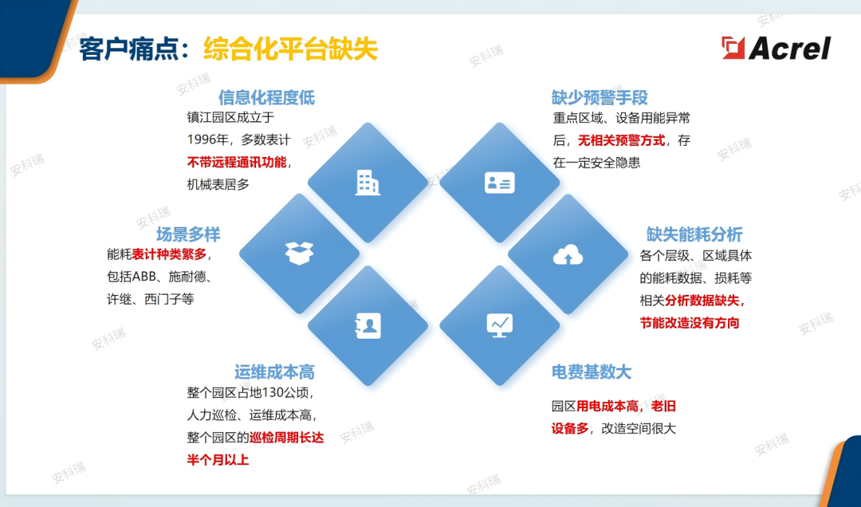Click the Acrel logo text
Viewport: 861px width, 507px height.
point(789,48)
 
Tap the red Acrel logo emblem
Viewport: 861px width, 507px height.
point(733,48)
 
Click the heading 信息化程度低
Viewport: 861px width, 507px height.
point(266,97)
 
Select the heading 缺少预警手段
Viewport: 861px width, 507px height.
point(600,97)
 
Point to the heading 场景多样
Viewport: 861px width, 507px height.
point(187,234)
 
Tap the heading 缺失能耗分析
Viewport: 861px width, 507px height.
point(694,234)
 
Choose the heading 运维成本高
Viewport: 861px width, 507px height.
point(274,371)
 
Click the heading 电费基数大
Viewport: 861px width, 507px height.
point(592,371)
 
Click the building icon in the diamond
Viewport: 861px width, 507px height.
point(368,183)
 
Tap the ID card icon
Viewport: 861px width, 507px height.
point(500,183)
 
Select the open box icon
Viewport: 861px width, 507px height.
point(299,253)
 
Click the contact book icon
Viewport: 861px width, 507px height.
point(368,325)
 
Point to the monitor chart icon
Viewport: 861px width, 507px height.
point(500,324)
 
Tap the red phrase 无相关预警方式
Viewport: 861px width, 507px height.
point(621,140)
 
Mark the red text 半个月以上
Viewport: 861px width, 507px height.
point(218,460)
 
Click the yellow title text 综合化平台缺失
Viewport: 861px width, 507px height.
point(290,49)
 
